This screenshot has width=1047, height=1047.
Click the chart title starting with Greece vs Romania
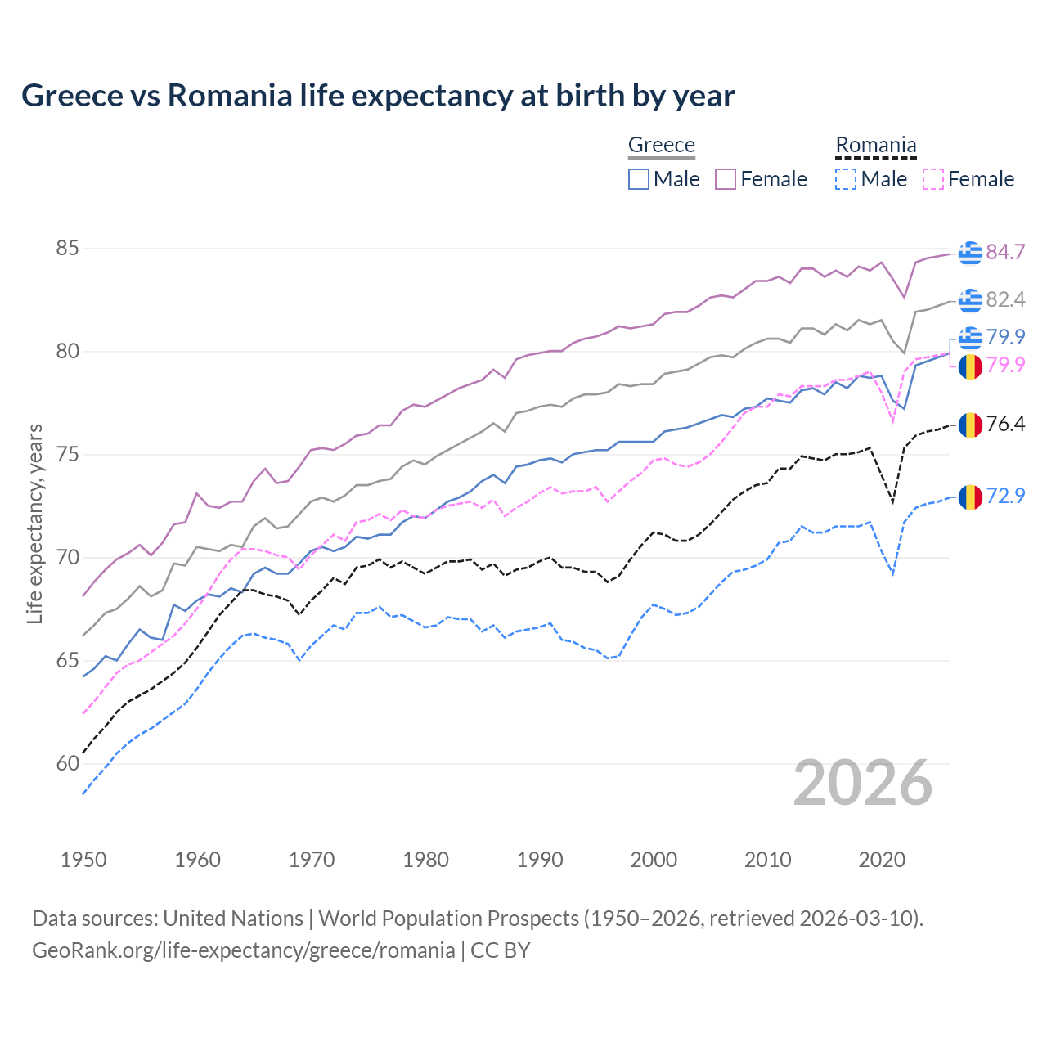click(378, 96)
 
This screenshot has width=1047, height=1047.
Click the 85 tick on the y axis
click(67, 248)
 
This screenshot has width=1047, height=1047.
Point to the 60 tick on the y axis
click(67, 764)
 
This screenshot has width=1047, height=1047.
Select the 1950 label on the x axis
click(83, 860)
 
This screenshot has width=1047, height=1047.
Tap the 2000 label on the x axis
click(654, 860)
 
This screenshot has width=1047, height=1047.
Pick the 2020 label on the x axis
click(882, 860)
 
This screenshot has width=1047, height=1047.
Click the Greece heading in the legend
click(661, 145)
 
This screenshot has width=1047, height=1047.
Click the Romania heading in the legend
click(875, 145)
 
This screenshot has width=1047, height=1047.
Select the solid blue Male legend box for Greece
click(639, 179)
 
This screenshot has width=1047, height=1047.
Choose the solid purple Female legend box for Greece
click(726, 179)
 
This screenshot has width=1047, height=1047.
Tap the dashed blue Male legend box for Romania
click(846, 179)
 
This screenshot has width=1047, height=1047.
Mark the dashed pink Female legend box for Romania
click(933, 179)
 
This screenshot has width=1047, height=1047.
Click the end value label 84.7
click(1005, 252)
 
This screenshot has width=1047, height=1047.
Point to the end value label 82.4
click(1005, 299)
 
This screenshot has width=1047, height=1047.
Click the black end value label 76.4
click(1005, 424)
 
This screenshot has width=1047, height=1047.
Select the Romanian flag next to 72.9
click(970, 497)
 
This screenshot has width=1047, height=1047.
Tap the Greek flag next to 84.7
click(970, 253)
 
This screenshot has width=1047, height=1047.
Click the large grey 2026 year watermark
click(863, 783)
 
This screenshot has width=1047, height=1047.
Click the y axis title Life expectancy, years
click(34, 523)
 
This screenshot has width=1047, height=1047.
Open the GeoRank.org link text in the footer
click(243, 950)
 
